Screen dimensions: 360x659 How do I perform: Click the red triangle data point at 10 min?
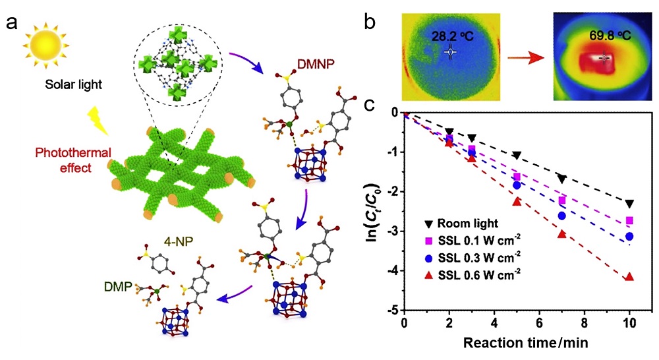pyautogui.click(x=629, y=276)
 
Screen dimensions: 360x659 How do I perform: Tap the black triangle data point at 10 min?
pyautogui.click(x=629, y=204)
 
